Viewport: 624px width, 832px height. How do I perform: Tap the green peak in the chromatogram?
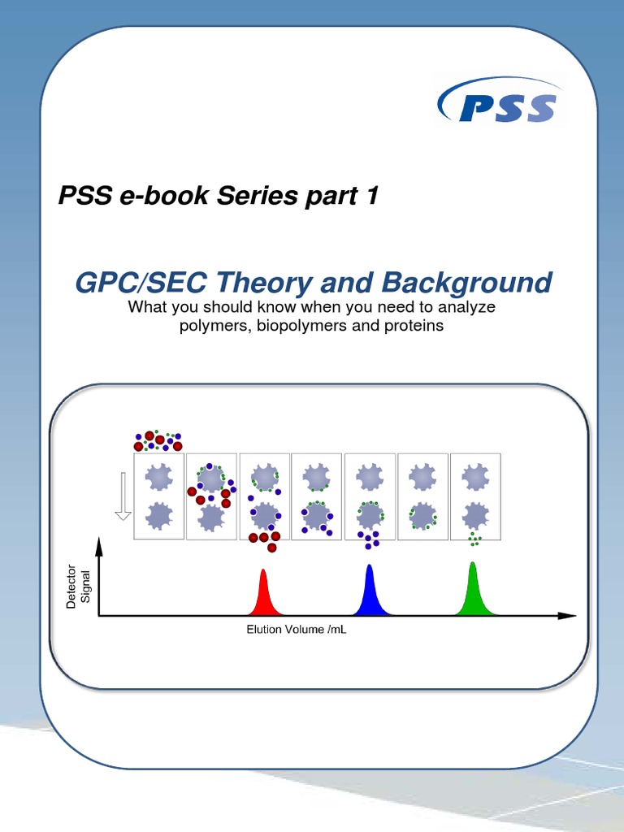472,591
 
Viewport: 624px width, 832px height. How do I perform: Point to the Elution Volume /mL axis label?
297,630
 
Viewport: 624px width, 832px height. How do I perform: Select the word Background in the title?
464,283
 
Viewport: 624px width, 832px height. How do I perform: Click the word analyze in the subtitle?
466,308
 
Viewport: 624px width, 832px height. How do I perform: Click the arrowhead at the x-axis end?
570,616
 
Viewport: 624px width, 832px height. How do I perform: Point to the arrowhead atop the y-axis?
99,545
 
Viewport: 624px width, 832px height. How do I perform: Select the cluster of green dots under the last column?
474,539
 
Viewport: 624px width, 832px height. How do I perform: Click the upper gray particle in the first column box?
158,475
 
